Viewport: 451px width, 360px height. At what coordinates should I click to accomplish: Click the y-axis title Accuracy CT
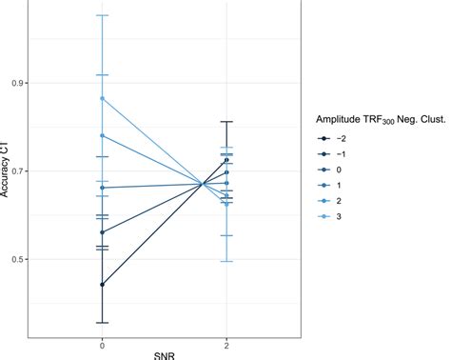[9, 170]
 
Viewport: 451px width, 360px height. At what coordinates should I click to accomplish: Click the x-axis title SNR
[164, 353]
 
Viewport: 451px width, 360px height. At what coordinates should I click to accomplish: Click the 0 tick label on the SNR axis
[102, 341]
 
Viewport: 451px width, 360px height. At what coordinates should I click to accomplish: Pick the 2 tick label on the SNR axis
[226, 341]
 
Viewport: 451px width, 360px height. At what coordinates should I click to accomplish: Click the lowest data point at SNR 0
[102, 284]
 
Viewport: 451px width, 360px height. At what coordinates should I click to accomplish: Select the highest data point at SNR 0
[102, 98]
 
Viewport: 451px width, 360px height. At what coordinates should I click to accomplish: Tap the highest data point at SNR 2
[226, 160]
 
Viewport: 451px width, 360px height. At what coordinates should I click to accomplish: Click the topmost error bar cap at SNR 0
[102, 15]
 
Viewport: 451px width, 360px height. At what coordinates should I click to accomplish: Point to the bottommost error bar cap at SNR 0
[102, 323]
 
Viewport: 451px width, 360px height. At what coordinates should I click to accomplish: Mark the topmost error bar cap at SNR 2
[226, 122]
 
